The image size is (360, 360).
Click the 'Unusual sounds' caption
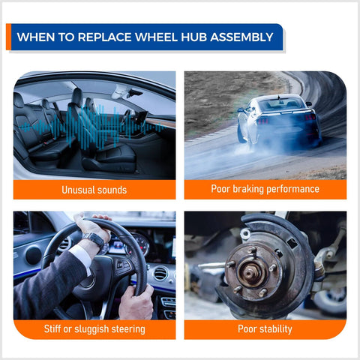94,190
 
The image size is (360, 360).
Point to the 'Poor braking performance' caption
265,190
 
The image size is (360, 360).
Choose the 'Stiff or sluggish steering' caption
94,329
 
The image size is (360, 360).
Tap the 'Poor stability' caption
265,329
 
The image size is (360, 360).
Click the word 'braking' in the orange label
255,190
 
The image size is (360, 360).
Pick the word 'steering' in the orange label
125,329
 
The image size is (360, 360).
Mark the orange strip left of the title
9,37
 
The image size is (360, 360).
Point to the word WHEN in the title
34,37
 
